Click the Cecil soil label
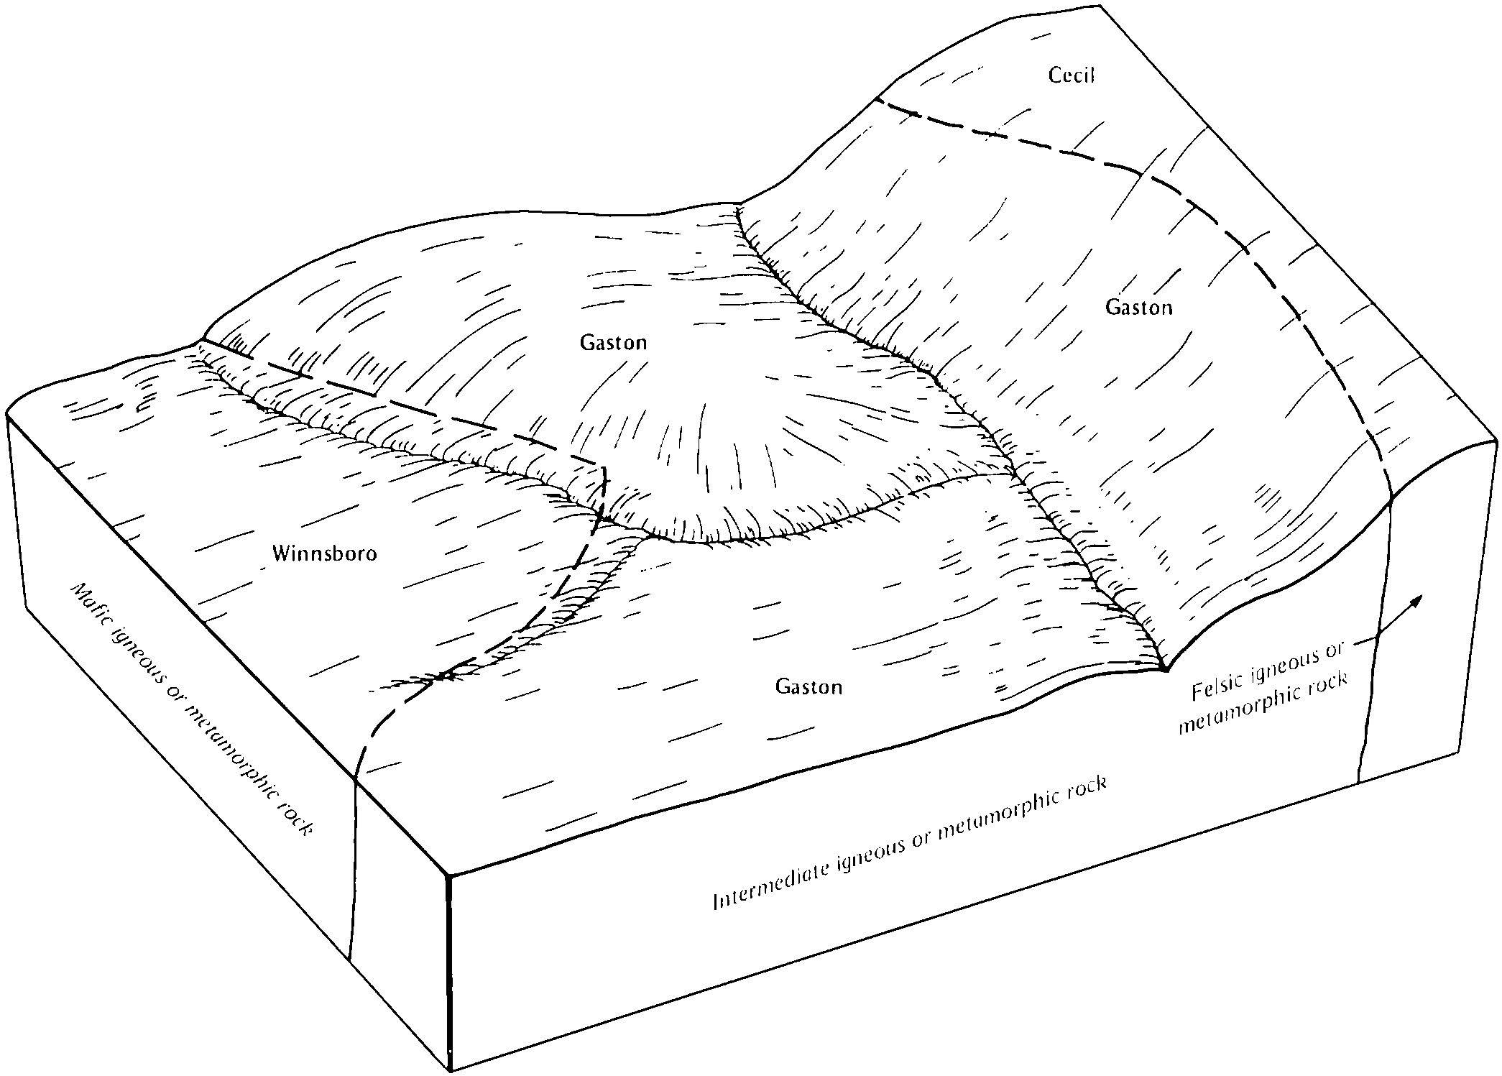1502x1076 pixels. tap(1071, 75)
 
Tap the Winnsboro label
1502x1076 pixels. tap(325, 553)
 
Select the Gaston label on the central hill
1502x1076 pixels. tap(613, 342)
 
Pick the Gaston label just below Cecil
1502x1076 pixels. tap(1138, 308)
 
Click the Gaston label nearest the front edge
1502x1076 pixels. tap(808, 686)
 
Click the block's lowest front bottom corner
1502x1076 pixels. tap(450, 1071)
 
